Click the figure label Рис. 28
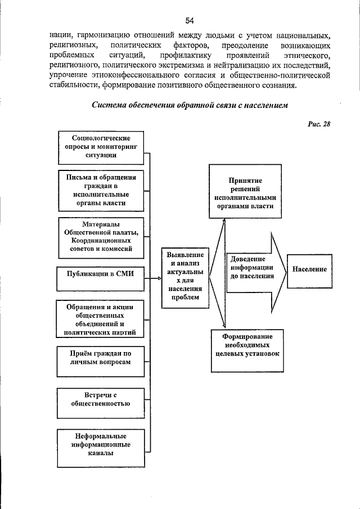coord(319,124)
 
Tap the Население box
coord(309,270)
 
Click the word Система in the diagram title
coord(110,106)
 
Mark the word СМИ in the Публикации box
coord(127,275)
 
